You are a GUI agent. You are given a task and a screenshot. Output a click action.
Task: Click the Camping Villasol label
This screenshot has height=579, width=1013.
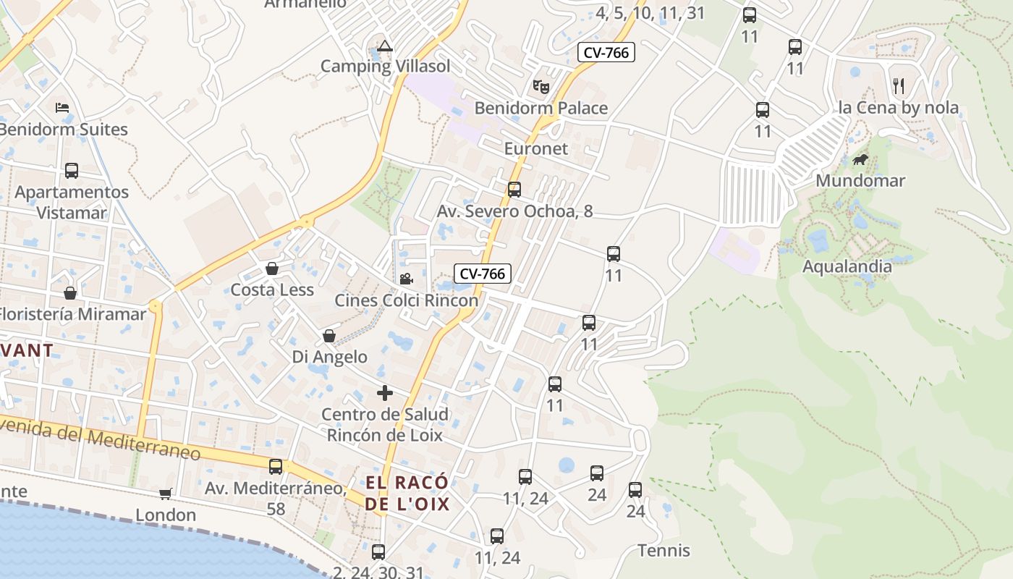[385, 67]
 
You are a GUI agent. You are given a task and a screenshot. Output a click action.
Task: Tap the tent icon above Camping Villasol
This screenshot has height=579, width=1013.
[385, 46]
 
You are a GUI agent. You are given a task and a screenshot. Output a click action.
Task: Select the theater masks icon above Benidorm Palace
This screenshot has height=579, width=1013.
[541, 87]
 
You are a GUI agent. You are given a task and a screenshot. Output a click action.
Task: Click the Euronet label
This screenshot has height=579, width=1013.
[536, 149]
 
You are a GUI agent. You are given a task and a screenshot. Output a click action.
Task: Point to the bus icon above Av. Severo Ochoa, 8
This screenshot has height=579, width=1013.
[514, 190]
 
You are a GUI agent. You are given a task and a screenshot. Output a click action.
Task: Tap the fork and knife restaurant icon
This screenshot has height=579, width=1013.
[899, 86]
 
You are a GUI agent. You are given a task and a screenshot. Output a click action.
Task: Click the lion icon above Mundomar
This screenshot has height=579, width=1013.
[860, 159]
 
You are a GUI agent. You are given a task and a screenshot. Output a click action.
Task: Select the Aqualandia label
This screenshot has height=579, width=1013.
[847, 266]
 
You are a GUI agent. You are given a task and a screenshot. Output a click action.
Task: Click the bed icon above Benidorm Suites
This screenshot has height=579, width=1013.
[62, 108]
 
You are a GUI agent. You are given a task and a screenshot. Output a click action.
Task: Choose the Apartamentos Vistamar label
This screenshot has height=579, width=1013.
[72, 203]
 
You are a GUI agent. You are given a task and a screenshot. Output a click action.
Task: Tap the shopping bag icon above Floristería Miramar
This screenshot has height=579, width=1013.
[70, 293]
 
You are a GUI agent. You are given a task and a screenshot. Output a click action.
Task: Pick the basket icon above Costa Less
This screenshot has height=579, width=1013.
[272, 269]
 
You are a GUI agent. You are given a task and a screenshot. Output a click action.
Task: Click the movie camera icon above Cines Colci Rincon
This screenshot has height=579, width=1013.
[406, 279]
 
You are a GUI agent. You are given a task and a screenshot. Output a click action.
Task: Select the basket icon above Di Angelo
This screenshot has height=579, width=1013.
[329, 337]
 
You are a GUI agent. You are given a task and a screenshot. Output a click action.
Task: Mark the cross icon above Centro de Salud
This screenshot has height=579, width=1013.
[385, 393]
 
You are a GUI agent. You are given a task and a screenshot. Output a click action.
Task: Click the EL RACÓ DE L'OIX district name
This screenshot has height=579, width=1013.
[407, 494]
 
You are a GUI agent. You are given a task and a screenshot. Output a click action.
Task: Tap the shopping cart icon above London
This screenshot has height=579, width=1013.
[166, 494]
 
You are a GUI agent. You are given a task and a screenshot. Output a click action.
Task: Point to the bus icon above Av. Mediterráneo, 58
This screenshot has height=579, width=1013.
[276, 467]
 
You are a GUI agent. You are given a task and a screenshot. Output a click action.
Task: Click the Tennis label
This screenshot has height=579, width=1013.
[664, 551]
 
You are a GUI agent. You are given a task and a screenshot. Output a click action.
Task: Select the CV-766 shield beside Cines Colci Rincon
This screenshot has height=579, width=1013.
[483, 274]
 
